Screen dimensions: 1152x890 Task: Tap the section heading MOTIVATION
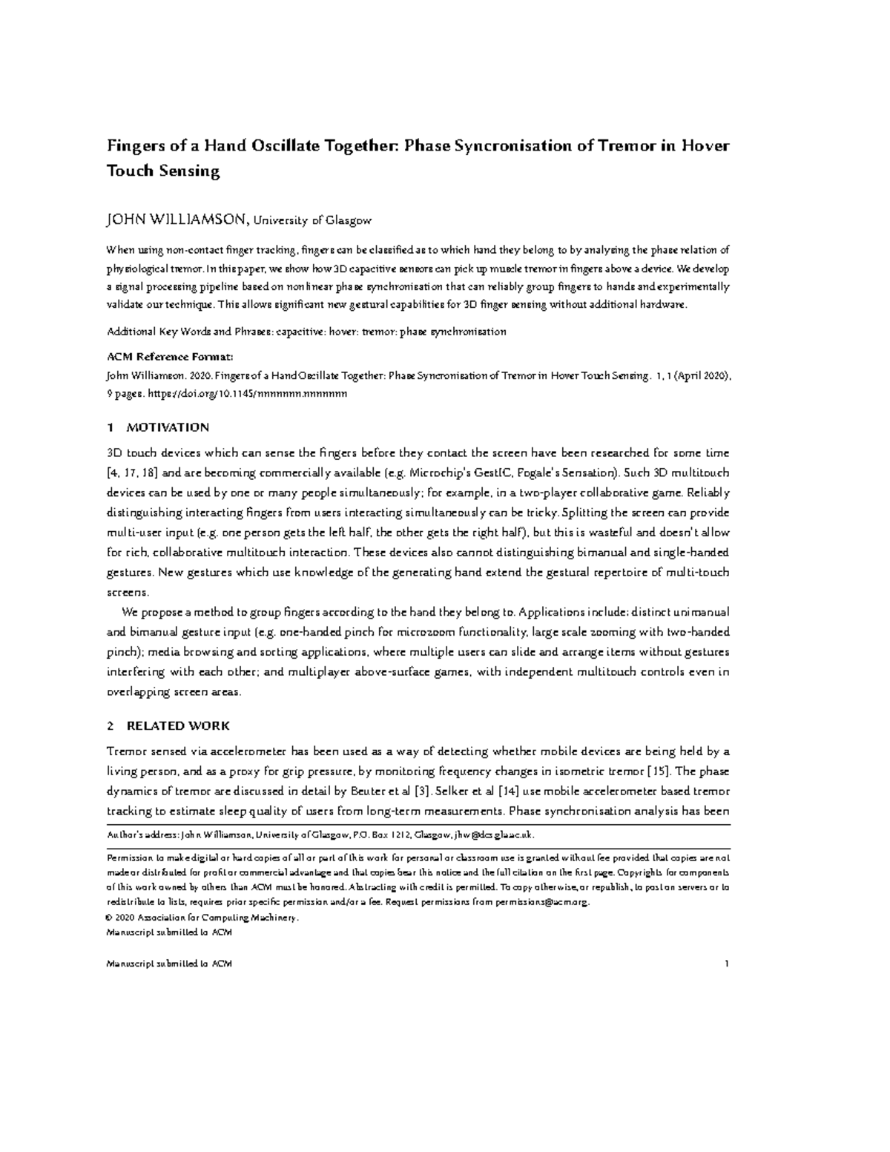(168, 427)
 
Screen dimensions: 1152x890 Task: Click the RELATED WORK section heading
(178, 725)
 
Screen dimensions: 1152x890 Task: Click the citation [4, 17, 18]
(133, 473)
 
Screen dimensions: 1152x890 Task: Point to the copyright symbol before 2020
(111, 918)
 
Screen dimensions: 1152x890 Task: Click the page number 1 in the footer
(728, 964)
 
